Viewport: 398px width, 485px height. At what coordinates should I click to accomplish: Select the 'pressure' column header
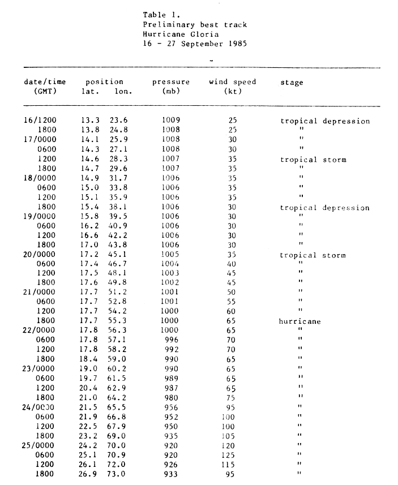170,82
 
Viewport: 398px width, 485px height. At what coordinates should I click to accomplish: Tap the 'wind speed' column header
232,82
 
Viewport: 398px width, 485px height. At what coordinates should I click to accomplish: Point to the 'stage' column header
292,83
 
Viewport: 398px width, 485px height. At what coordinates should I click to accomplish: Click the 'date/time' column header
45,82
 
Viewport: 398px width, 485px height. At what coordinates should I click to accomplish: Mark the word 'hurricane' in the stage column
301,321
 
